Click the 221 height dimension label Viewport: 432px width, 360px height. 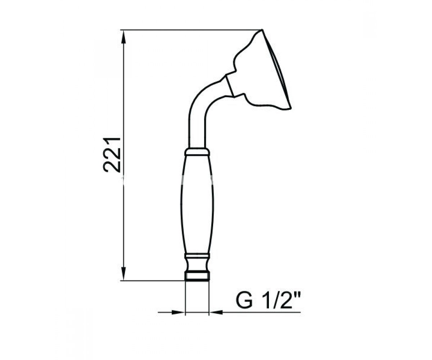click(x=112, y=155)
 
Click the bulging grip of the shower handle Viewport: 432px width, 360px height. click(x=197, y=205)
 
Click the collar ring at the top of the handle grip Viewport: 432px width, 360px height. click(x=197, y=152)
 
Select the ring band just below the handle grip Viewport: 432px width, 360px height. click(x=197, y=256)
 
